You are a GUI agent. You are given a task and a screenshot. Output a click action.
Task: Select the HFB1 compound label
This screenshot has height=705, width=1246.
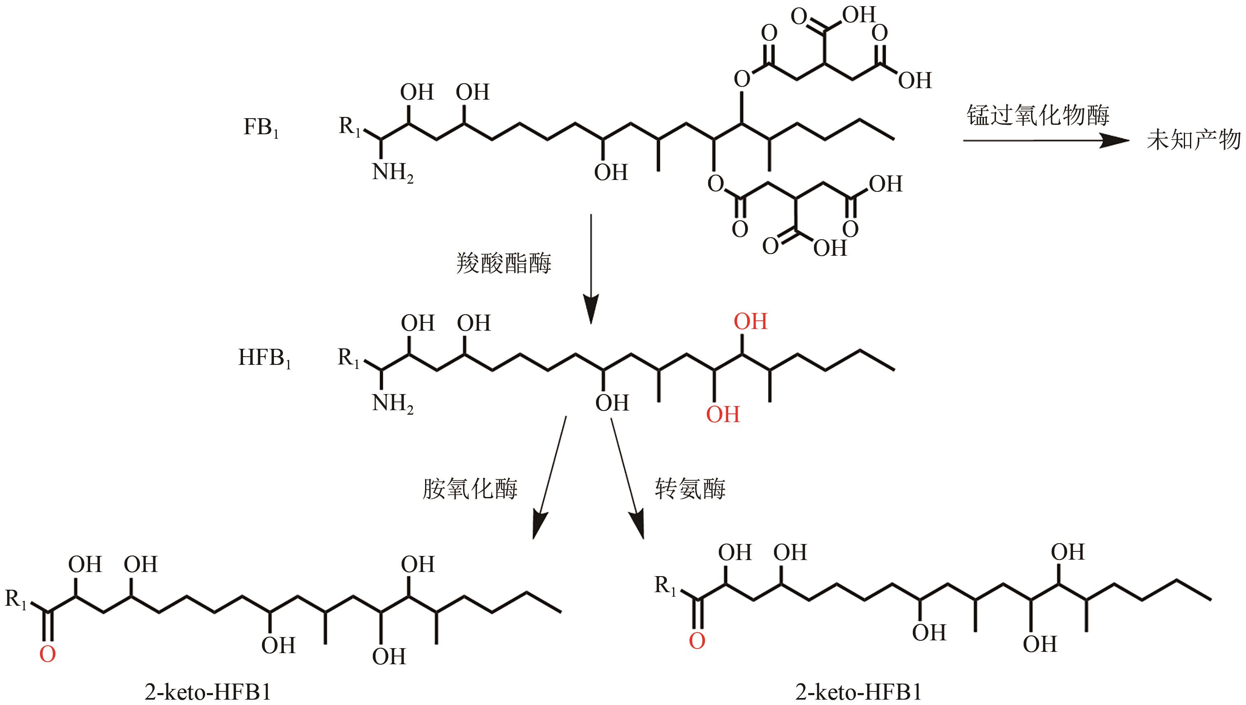(264, 359)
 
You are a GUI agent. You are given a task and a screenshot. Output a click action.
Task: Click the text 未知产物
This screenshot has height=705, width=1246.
(1193, 140)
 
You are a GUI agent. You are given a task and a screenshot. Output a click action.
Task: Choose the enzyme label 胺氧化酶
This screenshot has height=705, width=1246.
(470, 489)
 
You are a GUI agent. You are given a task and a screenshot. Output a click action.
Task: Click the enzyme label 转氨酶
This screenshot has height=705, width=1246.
(690, 489)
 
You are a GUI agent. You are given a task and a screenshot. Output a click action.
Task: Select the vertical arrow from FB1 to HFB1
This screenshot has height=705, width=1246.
(591, 269)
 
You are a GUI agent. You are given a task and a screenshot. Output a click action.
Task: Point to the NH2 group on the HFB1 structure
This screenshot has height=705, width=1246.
(392, 403)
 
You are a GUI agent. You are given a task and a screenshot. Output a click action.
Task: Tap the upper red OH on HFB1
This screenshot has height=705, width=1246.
(750, 322)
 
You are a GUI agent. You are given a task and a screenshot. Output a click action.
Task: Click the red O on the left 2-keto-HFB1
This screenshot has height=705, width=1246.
(47, 655)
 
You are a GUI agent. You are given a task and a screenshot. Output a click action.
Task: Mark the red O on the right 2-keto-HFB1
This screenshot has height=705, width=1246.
(697, 642)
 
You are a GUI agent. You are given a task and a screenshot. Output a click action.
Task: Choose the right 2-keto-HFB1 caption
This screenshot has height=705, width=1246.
(858, 692)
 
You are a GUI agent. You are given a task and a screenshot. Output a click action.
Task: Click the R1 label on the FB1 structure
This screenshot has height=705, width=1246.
(350, 127)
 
